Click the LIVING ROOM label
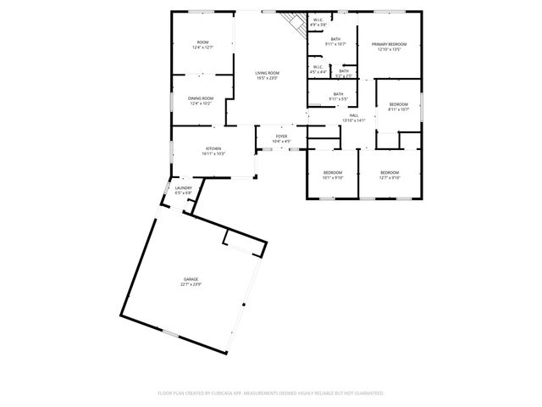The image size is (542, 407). (x=268, y=73)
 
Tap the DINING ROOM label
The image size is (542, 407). (x=201, y=98)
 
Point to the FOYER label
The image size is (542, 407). (x=281, y=136)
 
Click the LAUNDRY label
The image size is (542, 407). (x=184, y=188)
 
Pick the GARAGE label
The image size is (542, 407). (x=191, y=279)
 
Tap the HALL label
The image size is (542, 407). (x=353, y=115)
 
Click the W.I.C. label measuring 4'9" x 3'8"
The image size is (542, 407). (x=318, y=19)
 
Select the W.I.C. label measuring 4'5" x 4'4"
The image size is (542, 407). (x=318, y=67)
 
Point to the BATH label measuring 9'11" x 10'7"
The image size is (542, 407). (x=336, y=39)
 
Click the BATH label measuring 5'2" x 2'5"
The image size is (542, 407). (x=344, y=71)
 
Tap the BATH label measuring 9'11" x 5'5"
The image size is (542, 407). (x=338, y=94)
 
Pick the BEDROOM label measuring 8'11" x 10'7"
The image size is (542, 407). (x=399, y=104)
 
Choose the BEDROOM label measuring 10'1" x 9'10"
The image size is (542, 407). (x=332, y=173)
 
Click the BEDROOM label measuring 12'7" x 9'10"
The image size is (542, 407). (x=390, y=173)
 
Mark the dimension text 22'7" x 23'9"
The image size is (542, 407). (x=191, y=284)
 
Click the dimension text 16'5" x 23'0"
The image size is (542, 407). (x=268, y=78)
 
